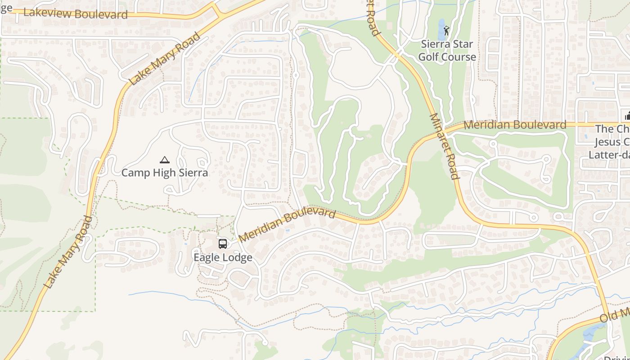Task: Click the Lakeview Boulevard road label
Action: pos(76,13)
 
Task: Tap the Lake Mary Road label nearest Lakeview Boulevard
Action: pos(164,58)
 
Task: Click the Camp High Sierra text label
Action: pos(165,173)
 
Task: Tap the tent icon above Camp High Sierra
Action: pos(165,160)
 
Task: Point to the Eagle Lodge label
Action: pos(223,257)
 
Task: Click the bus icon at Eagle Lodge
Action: pos(223,244)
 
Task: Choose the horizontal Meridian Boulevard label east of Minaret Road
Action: pos(515,125)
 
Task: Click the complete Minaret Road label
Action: pos(445,146)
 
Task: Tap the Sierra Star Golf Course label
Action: pos(447,50)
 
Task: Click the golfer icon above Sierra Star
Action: pos(446,31)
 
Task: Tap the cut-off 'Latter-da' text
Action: pos(609,154)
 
